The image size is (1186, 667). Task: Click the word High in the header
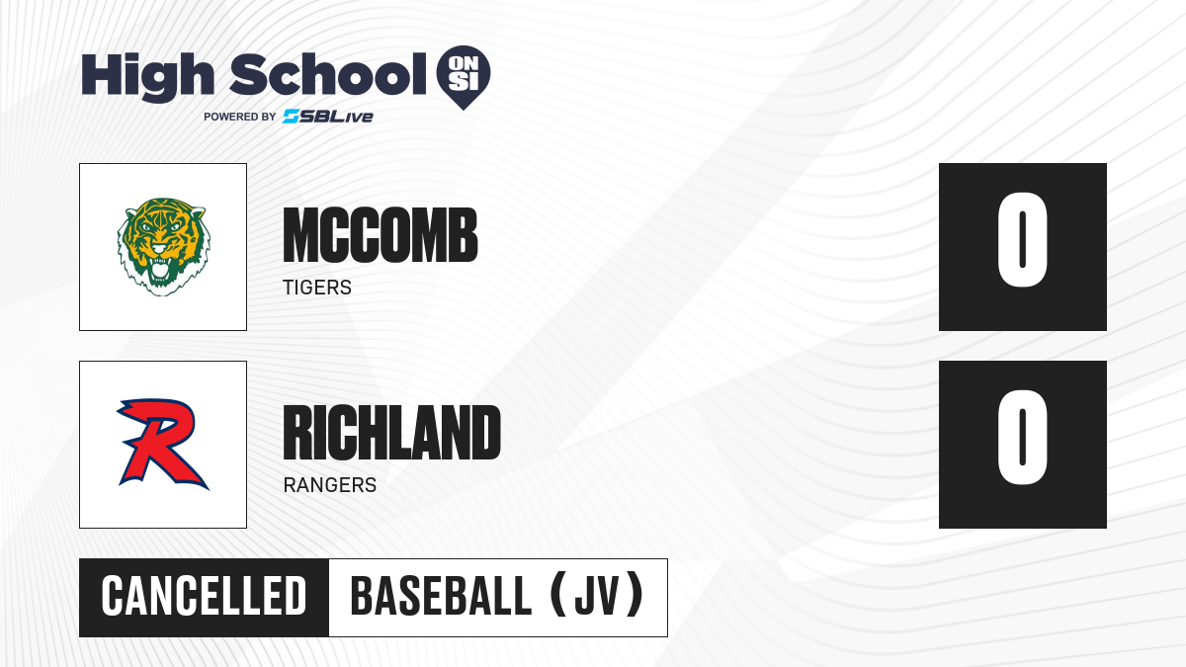tap(147, 77)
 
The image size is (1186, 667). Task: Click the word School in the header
tap(328, 74)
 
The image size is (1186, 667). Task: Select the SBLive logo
tap(328, 117)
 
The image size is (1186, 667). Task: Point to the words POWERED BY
tap(240, 117)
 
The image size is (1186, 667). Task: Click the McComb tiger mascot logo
tap(163, 247)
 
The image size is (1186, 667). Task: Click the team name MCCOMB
tap(381, 235)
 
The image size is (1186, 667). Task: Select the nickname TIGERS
tap(317, 288)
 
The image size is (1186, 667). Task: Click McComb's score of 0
tap(1022, 240)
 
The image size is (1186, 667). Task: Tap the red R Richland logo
tap(162, 444)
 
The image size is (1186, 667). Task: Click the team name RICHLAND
tap(391, 433)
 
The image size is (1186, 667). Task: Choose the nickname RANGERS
tap(330, 485)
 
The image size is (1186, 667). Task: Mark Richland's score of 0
tap(1022, 437)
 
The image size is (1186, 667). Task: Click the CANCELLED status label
tap(204, 597)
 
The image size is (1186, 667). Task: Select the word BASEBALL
tap(441, 597)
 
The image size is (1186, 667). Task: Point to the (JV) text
tap(597, 596)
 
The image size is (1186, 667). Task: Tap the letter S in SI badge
tap(456, 81)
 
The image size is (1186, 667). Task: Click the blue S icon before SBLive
tap(292, 117)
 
